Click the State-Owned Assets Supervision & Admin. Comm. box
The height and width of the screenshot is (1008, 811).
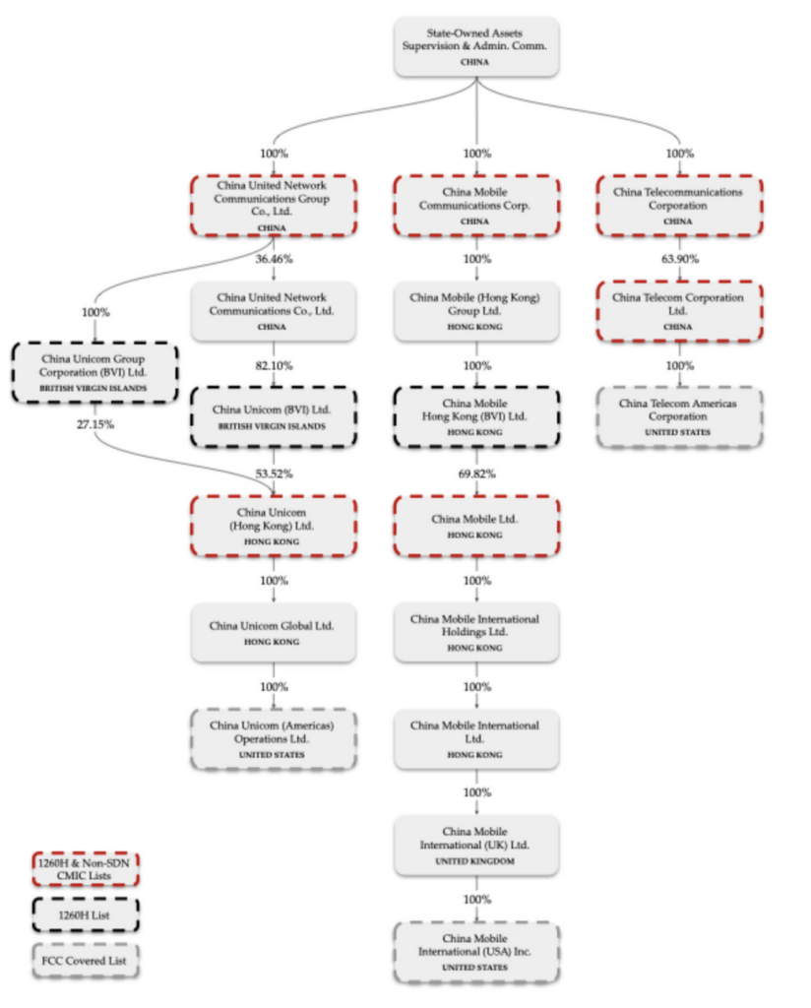pyautogui.click(x=476, y=47)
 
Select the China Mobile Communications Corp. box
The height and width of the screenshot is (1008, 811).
pyautogui.click(x=476, y=206)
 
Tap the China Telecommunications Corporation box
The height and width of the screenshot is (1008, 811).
pyautogui.click(x=679, y=206)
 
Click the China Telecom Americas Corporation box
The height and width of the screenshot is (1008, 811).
pyautogui.click(x=679, y=416)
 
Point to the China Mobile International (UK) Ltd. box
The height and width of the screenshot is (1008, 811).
pyautogui.click(x=476, y=846)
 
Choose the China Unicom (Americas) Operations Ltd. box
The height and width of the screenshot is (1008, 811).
pyautogui.click(x=273, y=739)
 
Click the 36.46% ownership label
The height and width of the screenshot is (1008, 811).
pyautogui.click(x=274, y=259)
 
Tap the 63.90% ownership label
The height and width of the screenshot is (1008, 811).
pyautogui.click(x=680, y=259)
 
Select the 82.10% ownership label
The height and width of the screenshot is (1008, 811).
pyautogui.click(x=274, y=366)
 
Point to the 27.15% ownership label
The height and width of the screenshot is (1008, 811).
pyautogui.click(x=95, y=424)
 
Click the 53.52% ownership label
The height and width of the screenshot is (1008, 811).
pyautogui.click(x=274, y=473)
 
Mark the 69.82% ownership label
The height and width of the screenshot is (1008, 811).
pyautogui.click(x=476, y=473)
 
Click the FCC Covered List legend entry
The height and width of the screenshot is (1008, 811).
pyautogui.click(x=86, y=961)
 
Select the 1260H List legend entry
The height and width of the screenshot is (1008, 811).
pyautogui.click(x=86, y=914)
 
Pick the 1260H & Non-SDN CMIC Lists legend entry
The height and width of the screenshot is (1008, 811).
pyautogui.click(x=86, y=869)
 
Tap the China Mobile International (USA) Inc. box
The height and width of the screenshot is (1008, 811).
pyautogui.click(x=476, y=952)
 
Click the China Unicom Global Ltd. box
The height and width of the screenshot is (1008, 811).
pyautogui.click(x=273, y=633)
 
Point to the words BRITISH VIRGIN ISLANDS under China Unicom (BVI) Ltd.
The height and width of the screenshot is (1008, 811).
pyautogui.click(x=272, y=426)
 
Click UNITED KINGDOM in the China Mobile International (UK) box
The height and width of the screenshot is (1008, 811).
pyautogui.click(x=475, y=860)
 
